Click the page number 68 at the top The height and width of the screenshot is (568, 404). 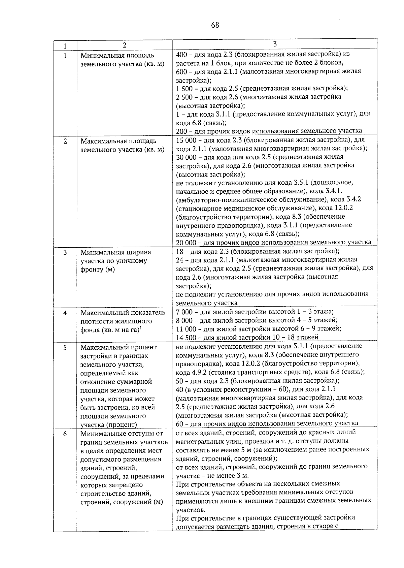click(x=215, y=25)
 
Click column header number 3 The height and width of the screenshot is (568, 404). click(x=275, y=44)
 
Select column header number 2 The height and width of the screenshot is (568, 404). click(x=124, y=45)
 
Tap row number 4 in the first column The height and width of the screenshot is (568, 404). click(x=65, y=313)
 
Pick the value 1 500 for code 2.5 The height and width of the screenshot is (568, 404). click(x=184, y=89)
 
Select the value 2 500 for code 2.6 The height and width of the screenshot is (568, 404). click(x=184, y=97)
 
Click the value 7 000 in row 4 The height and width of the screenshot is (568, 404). click(x=184, y=312)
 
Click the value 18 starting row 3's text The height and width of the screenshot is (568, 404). click(x=180, y=251)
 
